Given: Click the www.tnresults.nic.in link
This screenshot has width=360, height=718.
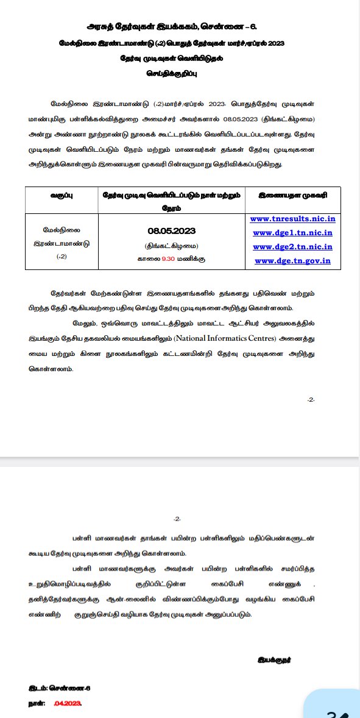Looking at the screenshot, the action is point(292,219).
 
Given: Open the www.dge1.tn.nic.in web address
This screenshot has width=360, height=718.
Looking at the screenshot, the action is point(292,233).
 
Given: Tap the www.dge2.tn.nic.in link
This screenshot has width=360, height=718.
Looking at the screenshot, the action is point(292,247).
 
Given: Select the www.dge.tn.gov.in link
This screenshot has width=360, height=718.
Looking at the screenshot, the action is point(292,261).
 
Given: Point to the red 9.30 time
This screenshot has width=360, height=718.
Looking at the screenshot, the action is point(168,259).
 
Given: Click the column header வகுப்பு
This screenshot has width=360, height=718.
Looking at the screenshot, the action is point(62,196).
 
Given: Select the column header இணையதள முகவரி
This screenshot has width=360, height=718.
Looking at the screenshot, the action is point(292,196).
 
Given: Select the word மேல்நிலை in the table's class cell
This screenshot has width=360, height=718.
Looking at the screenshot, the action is point(61,230).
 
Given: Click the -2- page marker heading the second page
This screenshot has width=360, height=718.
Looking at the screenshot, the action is point(177,519).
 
